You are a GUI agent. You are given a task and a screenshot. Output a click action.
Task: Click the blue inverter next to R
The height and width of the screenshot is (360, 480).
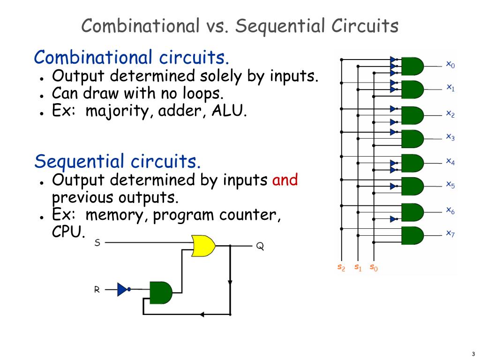pos(123,289)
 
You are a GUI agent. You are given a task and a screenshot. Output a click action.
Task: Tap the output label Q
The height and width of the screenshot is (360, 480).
pos(260,246)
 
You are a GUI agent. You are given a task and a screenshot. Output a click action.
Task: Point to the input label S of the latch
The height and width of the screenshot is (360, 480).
pos(97,243)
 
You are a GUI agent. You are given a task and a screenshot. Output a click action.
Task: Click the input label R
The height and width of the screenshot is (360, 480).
pos(97,290)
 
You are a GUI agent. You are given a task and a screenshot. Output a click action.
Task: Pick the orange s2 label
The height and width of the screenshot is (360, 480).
pos(341,267)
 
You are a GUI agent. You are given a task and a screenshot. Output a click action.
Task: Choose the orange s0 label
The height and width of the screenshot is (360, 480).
pos(374,267)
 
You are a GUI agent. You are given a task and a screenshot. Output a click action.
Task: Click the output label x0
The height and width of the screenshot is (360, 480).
pos(450,64)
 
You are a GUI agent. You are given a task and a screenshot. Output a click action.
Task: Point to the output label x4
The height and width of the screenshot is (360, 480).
pos(450,162)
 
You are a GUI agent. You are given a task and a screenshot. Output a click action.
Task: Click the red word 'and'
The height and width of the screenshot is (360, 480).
pos(285,180)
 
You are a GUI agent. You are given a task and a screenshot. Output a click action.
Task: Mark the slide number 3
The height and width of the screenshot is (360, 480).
pos(473,354)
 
